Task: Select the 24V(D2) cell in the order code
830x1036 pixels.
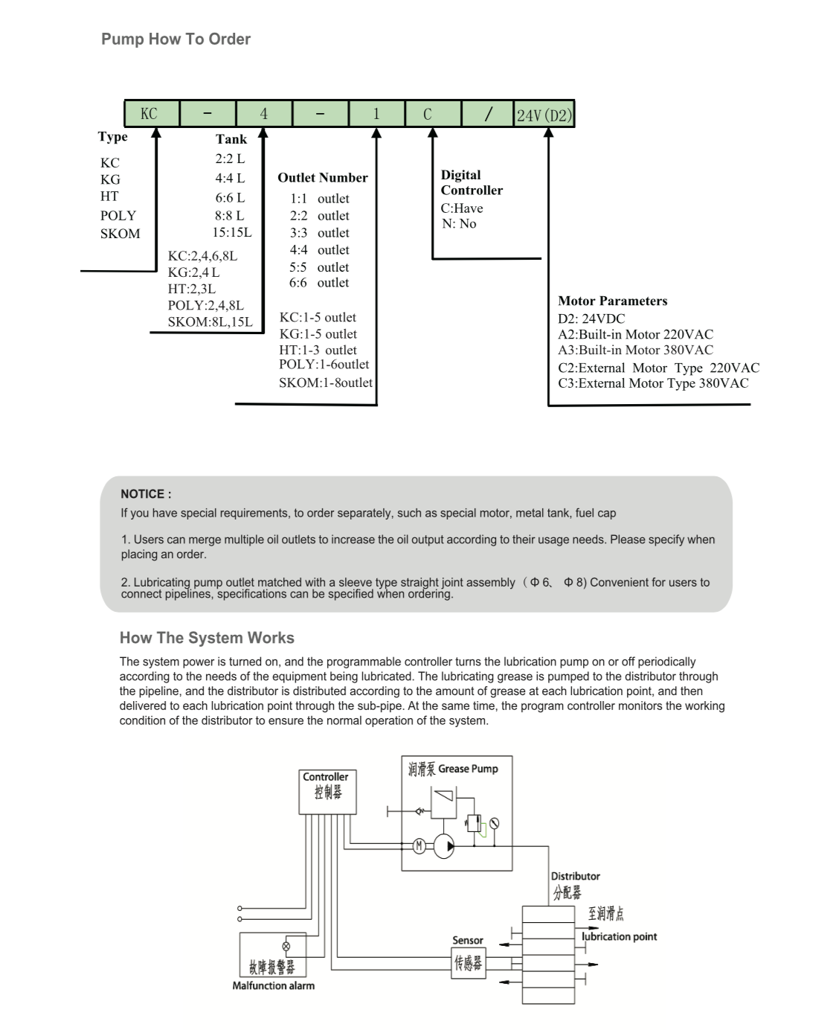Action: pos(544,115)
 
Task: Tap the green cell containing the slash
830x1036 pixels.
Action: pos(488,114)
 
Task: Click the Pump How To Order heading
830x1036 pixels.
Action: pos(176,39)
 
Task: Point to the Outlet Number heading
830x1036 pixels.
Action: pos(323,178)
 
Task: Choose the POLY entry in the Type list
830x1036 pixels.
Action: pos(118,216)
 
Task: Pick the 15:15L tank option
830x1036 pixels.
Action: pos(232,232)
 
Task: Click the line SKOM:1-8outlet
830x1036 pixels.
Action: pos(326,383)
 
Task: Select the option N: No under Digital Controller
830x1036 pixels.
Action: pos(459,224)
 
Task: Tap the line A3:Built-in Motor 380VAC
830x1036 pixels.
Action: pos(635,350)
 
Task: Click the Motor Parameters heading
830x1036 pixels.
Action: pos(613,301)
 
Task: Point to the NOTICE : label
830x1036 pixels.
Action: pos(146,494)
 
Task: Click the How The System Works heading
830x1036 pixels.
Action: pos(207,638)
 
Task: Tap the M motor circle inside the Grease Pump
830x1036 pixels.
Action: pos(419,845)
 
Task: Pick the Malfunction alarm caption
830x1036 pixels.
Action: pos(273,986)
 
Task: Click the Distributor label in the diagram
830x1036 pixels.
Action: pos(575,877)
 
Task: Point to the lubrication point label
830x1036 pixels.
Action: pos(620,937)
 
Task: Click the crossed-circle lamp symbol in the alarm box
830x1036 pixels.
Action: pos(286,947)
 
